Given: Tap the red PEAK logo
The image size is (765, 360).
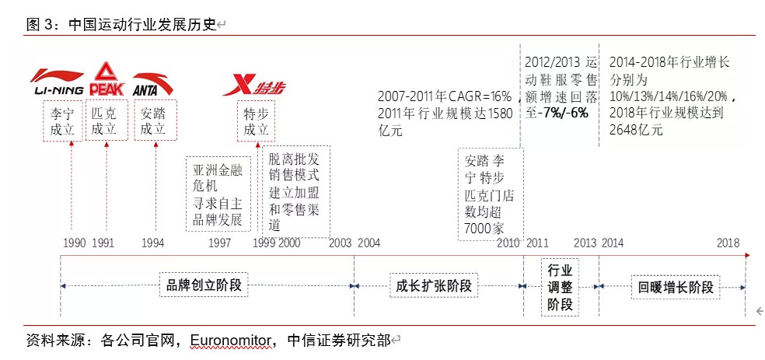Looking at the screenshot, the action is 107,79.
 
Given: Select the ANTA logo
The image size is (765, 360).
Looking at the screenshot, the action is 153,83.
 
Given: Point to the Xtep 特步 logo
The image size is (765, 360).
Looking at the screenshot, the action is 253,85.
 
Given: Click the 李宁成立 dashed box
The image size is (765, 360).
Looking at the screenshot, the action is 62,121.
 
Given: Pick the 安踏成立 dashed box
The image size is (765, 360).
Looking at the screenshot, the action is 154,121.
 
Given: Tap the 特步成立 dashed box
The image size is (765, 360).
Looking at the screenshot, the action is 256,121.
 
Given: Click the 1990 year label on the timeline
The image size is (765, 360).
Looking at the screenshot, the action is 75,243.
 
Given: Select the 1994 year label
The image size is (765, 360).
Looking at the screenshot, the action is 153,243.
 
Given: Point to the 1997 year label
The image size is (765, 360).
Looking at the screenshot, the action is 219,243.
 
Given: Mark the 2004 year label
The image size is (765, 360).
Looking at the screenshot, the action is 369,243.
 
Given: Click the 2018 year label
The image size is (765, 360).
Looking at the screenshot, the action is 728,243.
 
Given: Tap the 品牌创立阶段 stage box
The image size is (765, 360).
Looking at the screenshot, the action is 204,285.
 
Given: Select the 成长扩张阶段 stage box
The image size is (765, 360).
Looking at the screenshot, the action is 432,285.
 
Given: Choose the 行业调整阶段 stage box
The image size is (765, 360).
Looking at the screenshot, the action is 560,287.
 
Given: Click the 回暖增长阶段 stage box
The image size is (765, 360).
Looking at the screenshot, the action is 674,286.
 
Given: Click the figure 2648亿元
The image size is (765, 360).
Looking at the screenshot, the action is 637,130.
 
